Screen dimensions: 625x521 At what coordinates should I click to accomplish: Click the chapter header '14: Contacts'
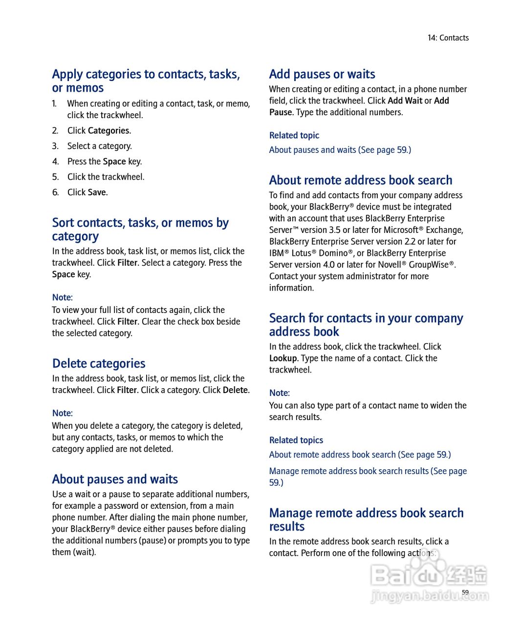coord(448,38)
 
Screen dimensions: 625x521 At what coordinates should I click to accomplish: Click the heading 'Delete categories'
coord(99,363)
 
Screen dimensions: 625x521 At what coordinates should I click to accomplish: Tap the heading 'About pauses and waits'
coord(115,479)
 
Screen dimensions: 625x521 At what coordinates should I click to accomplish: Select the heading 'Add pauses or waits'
coord(322,74)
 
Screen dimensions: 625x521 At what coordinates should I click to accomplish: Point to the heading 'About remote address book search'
coord(361,180)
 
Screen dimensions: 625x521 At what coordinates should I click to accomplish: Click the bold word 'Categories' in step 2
coord(109,130)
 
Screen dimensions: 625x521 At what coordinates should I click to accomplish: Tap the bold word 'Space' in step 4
coord(114,162)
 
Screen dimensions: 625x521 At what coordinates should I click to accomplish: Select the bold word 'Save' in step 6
coord(97,192)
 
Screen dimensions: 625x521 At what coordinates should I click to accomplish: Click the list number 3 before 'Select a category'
coord(55,146)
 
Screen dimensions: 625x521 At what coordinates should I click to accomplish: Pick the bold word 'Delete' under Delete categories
coord(236,390)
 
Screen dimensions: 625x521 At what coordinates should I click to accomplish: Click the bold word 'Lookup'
coord(283,358)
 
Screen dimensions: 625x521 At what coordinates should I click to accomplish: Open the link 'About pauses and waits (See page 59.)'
coord(340,150)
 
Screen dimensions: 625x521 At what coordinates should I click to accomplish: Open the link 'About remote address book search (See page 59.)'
coord(360,455)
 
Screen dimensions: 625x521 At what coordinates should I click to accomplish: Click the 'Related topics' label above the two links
coord(296,440)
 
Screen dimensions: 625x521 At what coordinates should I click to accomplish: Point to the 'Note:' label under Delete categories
coord(63,413)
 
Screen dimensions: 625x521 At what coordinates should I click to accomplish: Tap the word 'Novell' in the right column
coord(389,265)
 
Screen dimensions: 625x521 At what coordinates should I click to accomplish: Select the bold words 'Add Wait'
coord(405,101)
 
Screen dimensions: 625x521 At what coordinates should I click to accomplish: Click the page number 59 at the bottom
coord(465,592)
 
